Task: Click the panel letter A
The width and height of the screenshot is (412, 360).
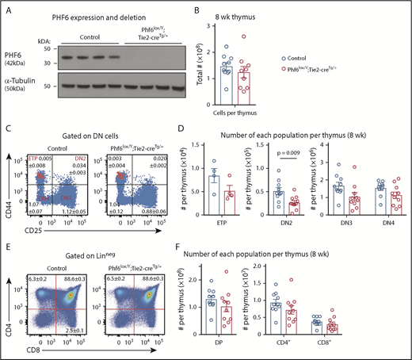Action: [x=6, y=6]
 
